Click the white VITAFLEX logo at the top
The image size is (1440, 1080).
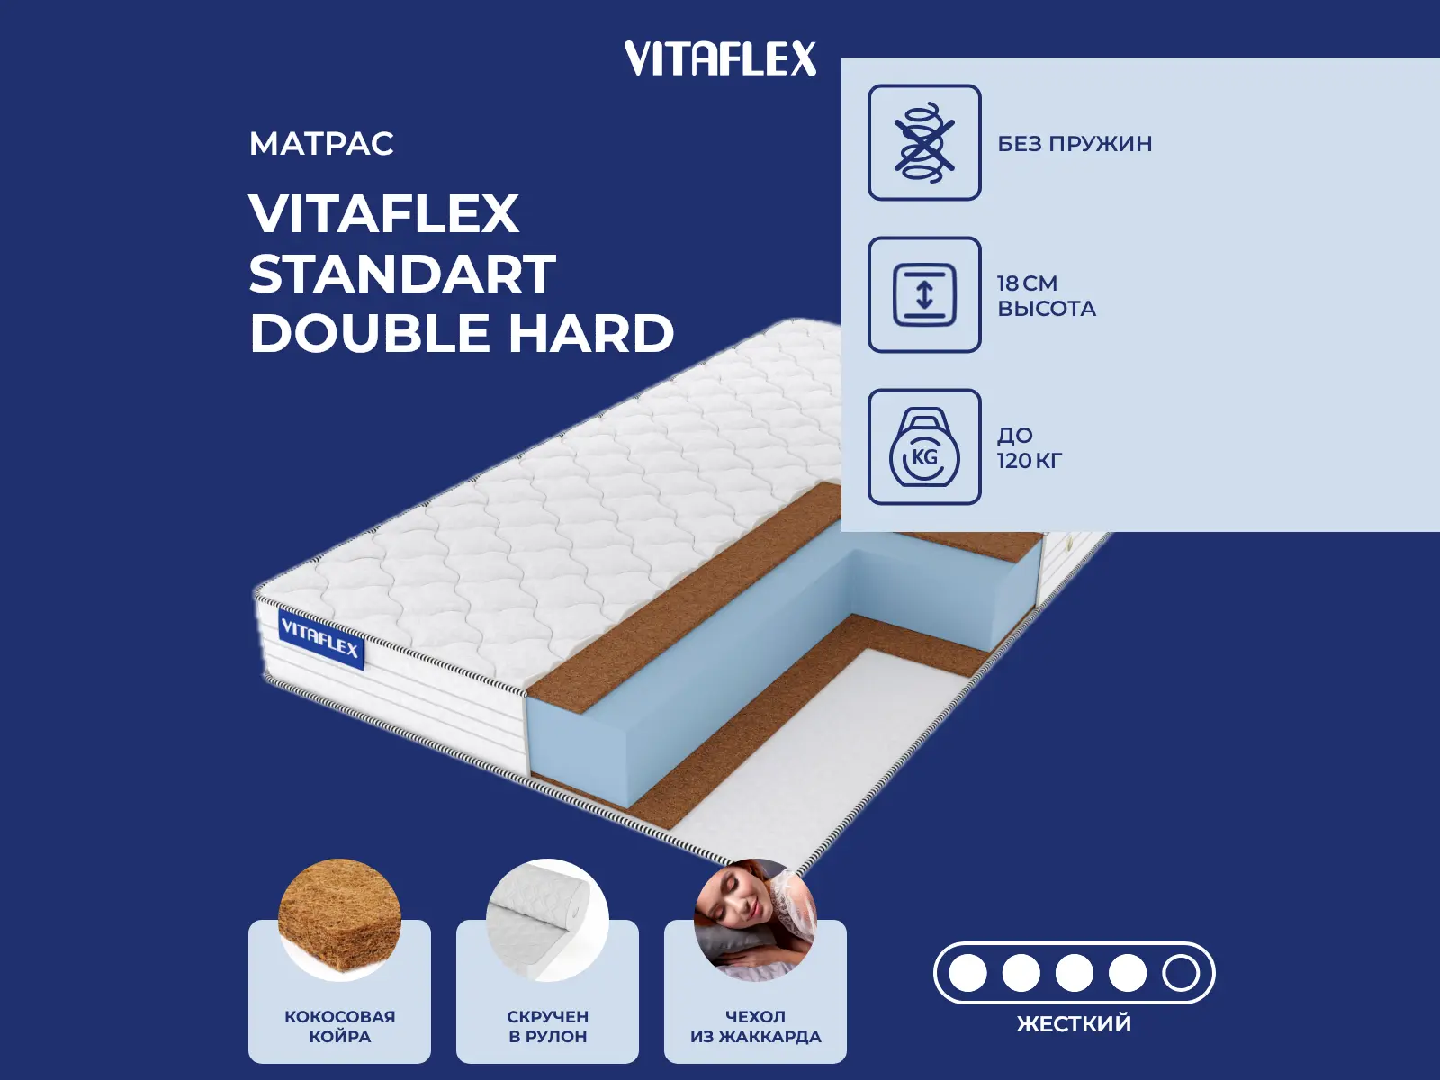pyautogui.click(x=720, y=58)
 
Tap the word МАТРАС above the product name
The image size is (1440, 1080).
pyautogui.click(x=321, y=144)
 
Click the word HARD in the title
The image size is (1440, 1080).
pyautogui.click(x=591, y=332)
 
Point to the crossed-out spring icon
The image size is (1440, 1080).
pyautogui.click(x=924, y=142)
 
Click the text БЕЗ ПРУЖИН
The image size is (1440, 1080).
pyautogui.click(x=1075, y=144)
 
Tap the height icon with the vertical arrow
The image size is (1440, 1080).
pyautogui.click(x=924, y=294)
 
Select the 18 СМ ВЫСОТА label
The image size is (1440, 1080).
pyautogui.click(x=1047, y=296)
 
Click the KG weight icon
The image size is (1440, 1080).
pyautogui.click(x=924, y=447)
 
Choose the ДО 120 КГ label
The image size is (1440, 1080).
pyautogui.click(x=1030, y=448)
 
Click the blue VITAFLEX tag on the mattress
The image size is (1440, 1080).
pyautogui.click(x=320, y=639)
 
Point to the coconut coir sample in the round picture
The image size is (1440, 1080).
pyautogui.click(x=339, y=920)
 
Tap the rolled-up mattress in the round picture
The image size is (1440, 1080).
pyautogui.click(x=547, y=920)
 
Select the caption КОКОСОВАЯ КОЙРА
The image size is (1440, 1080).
pyautogui.click(x=339, y=1026)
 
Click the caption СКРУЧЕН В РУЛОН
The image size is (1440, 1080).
pyautogui.click(x=547, y=1026)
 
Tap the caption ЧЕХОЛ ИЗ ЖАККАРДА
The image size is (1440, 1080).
pyautogui.click(x=755, y=1026)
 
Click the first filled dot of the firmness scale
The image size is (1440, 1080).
pyautogui.click(x=967, y=973)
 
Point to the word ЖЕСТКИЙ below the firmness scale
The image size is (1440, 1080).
pyautogui.click(x=1074, y=1023)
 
